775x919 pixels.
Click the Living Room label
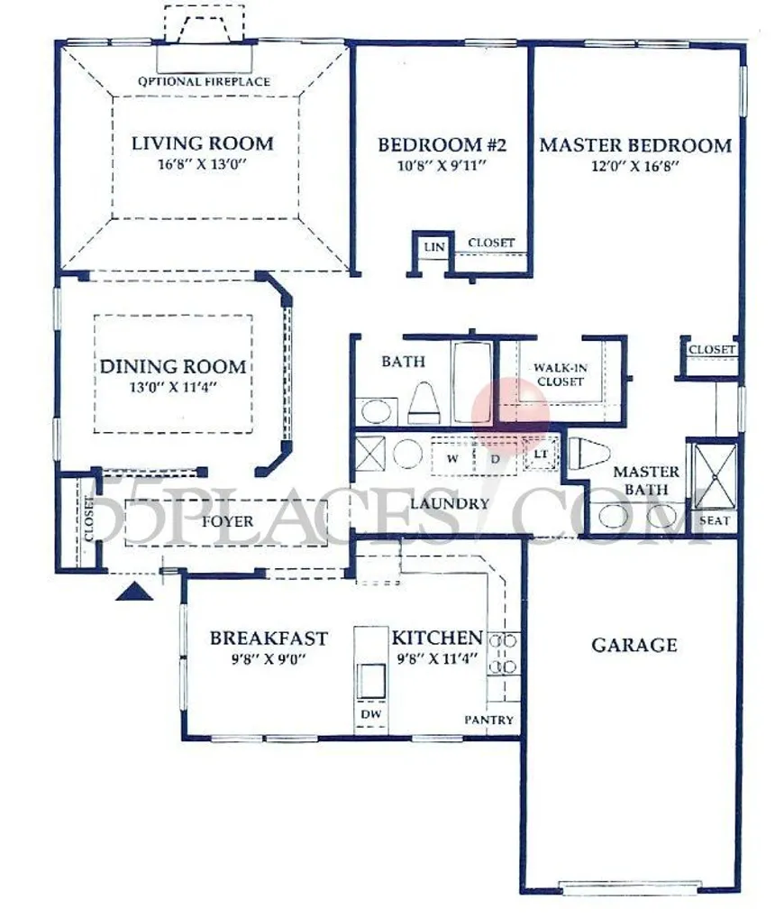pos(202,143)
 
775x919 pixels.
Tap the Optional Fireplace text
pos(204,82)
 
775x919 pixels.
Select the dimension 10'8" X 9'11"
pos(442,166)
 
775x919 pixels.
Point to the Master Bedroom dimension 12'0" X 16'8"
pos(635,166)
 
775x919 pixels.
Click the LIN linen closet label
pos(434,247)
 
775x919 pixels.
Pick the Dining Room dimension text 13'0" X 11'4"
pos(173,388)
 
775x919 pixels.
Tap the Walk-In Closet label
pos(561,375)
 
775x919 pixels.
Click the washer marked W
pos(452,458)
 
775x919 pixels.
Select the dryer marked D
pos(496,458)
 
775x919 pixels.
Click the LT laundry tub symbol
pos(540,455)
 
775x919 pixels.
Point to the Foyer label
pos(227,521)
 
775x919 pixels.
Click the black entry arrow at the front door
pos(134,591)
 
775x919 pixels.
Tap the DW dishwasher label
pos(370,714)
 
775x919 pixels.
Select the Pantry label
pos(489,720)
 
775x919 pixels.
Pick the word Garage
pos(634,646)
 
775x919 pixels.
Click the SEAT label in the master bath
pos(714,520)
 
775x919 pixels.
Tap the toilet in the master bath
pos(589,453)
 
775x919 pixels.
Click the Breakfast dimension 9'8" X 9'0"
pos(269,659)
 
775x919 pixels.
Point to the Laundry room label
pos(450,503)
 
